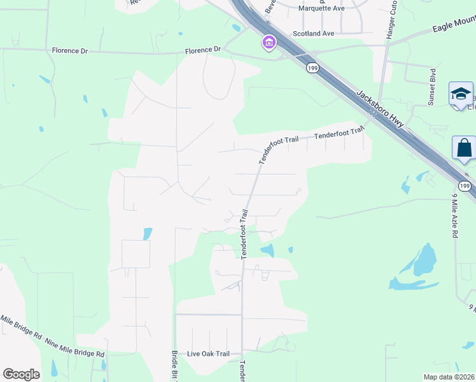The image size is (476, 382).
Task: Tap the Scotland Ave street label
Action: (x=313, y=33)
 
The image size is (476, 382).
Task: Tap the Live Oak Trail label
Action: (x=208, y=354)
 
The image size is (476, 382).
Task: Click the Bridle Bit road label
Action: (x=174, y=365)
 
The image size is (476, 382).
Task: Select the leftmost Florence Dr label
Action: (x=70, y=50)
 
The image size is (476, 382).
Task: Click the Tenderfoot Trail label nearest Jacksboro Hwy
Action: (x=340, y=133)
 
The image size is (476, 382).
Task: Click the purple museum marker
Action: (x=269, y=43)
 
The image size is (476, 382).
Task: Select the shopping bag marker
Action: (x=464, y=148)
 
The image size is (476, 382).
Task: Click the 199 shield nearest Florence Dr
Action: (x=311, y=67)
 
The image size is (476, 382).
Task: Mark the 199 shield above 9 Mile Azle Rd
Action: (x=466, y=186)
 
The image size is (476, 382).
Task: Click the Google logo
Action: (x=21, y=374)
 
